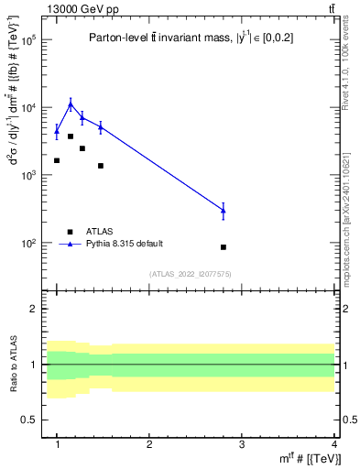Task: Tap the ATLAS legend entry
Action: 101,231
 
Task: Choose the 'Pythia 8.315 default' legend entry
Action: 124,244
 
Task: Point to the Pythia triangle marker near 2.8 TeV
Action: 224,211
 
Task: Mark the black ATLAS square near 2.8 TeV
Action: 224,247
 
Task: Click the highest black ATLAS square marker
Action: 71,136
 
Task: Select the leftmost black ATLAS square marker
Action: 57,160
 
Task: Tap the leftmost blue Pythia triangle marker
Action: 57,131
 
